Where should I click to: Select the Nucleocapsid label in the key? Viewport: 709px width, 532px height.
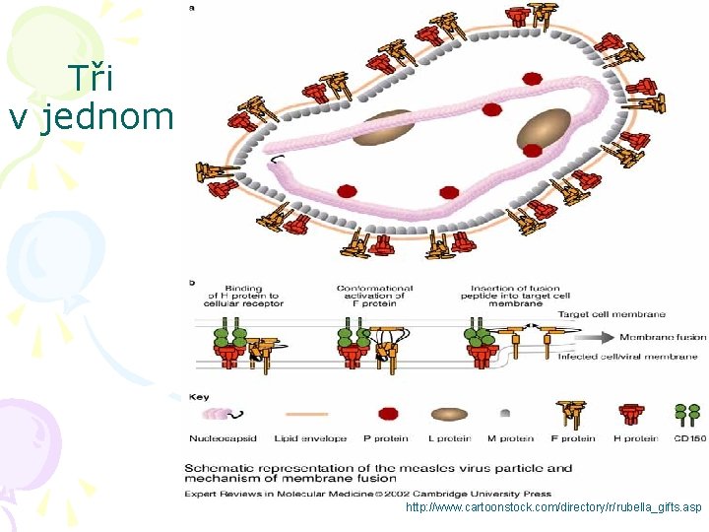tap(217, 438)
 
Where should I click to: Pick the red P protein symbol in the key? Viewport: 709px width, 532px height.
tap(388, 415)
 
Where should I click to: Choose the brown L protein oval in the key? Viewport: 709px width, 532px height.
tap(449, 415)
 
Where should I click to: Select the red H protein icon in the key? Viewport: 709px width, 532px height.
tap(632, 414)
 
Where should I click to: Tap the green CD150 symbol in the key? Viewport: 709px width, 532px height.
tap(687, 414)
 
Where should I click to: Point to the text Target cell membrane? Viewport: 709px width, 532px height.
tap(612, 314)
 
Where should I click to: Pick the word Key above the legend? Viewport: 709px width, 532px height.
tap(199, 397)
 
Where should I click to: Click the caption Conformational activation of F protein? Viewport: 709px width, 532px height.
tap(374, 296)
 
